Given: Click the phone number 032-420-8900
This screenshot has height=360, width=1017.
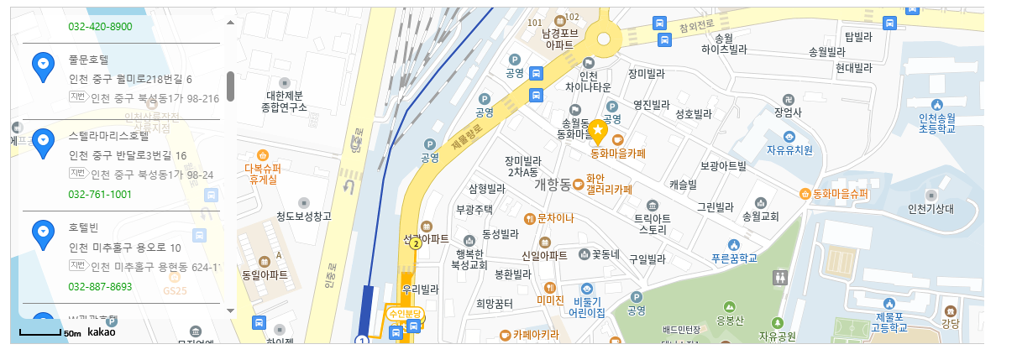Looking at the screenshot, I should [x=100, y=26].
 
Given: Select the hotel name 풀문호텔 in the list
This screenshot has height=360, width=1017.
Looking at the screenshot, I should [x=89, y=60].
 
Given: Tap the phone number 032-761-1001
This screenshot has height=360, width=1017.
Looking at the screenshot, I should [x=100, y=194].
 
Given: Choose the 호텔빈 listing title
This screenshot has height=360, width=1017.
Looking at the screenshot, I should [x=84, y=227].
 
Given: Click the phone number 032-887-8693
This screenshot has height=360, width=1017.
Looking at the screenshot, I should [x=100, y=286].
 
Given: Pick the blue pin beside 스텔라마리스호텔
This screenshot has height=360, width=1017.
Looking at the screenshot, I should [x=43, y=141].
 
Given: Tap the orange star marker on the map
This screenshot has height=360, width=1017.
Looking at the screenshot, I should [x=598, y=131].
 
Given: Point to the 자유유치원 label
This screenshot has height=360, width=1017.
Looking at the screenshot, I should [x=789, y=150].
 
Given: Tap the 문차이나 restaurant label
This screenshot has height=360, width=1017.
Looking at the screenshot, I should [x=555, y=218].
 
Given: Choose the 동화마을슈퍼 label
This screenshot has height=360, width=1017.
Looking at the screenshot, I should [x=840, y=194].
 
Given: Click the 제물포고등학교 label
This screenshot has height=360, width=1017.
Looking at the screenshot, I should [x=889, y=321].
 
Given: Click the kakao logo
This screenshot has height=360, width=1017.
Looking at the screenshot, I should [x=102, y=332].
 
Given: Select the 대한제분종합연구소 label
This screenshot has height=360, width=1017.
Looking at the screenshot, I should [x=284, y=102].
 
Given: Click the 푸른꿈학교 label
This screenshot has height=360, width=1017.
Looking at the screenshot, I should [x=735, y=258].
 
